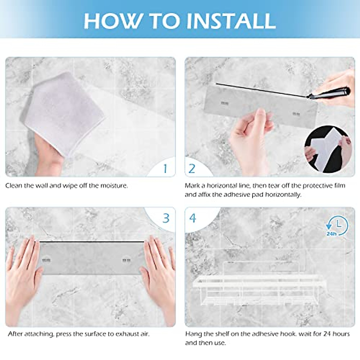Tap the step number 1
point(165,169)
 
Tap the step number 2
point(192,169)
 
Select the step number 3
point(166,218)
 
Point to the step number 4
point(193,218)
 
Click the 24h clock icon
point(337,226)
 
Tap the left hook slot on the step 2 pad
point(224,103)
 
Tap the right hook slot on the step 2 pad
point(296,114)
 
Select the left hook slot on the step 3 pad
point(46,260)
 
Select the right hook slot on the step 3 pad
point(127,260)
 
